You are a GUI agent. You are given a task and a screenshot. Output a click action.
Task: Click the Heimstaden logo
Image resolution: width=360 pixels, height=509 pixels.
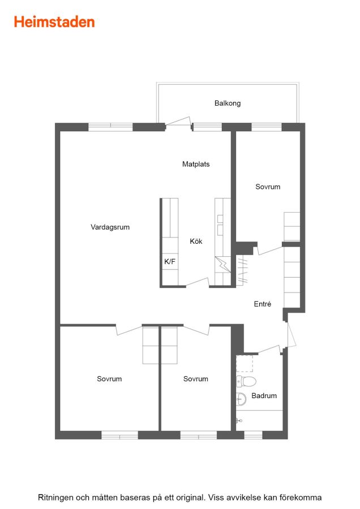[54, 22]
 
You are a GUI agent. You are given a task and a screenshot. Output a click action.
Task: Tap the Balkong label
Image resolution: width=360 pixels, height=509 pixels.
[228, 103]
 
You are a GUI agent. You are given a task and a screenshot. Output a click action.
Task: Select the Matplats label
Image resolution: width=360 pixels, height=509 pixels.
[196, 164]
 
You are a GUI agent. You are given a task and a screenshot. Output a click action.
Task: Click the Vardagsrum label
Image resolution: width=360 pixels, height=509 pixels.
[110, 227]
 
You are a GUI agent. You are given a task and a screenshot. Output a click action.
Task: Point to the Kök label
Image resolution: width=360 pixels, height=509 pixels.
[196, 241]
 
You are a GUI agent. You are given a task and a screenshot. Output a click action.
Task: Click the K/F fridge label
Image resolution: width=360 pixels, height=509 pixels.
[170, 261]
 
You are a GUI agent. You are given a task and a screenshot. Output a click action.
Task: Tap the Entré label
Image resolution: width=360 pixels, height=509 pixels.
[263, 304]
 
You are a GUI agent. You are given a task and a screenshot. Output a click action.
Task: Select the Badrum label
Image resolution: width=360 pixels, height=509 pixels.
[264, 396]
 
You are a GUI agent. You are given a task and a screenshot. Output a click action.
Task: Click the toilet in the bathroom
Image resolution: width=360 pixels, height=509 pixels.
[246, 381]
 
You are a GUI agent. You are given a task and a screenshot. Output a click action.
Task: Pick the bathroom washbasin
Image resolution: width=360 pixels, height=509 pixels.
[241, 399]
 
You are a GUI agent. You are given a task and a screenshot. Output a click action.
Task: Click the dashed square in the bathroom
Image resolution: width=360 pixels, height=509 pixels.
[245, 364]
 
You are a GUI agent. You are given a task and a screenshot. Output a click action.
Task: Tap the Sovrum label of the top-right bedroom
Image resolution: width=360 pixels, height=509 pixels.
[268, 187]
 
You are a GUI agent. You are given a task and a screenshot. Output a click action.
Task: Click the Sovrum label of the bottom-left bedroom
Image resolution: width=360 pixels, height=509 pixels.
[109, 379]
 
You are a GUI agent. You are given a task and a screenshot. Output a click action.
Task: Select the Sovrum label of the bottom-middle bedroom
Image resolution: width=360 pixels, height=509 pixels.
[196, 379]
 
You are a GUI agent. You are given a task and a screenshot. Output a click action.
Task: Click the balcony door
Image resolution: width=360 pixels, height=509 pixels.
[178, 122]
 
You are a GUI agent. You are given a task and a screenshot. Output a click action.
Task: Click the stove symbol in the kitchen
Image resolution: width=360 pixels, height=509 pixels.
[223, 265]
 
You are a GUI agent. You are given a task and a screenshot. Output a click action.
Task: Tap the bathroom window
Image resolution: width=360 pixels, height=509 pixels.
[253, 435]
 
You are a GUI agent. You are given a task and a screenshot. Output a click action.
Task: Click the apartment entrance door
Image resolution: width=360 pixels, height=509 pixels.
[291, 334]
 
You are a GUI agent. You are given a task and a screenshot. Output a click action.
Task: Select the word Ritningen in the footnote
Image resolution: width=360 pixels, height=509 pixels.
[55, 497]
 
